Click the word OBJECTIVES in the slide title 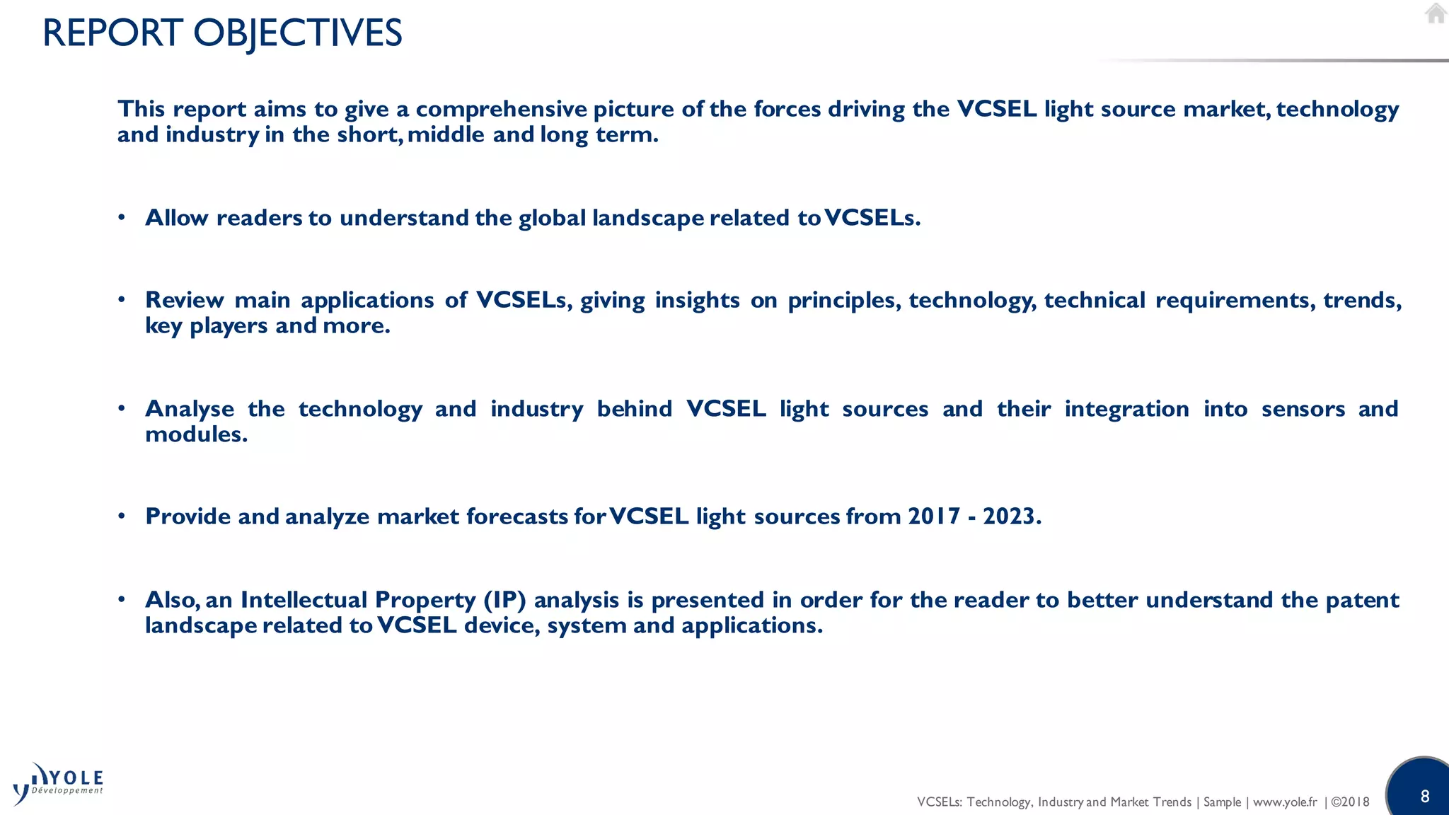click(297, 33)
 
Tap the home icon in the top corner click(1435, 13)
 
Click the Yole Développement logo click(59, 784)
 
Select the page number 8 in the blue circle click(1424, 797)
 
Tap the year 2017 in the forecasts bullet click(934, 516)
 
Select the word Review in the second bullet click(184, 300)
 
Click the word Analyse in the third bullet click(189, 409)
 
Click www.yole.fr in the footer click(1285, 802)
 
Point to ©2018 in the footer click(1350, 802)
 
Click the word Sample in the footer click(1222, 802)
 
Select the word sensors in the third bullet click(1303, 409)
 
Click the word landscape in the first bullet click(647, 218)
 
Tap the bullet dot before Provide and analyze click(122, 516)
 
